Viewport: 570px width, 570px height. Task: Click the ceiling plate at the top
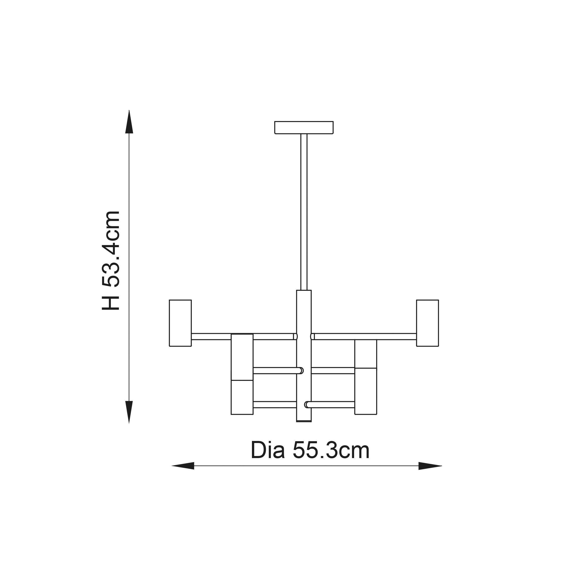tap(304, 127)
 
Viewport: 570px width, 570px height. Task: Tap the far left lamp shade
tap(180, 323)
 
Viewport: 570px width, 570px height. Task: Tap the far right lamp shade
tap(427, 323)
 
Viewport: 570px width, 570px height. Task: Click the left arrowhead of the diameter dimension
tap(183, 466)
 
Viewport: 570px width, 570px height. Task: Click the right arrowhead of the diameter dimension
tap(430, 466)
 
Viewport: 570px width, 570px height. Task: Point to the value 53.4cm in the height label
tap(111, 249)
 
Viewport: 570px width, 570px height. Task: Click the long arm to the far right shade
tap(366, 336)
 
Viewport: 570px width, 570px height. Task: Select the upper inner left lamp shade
tap(242, 357)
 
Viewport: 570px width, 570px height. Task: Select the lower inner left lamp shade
tap(242, 397)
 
